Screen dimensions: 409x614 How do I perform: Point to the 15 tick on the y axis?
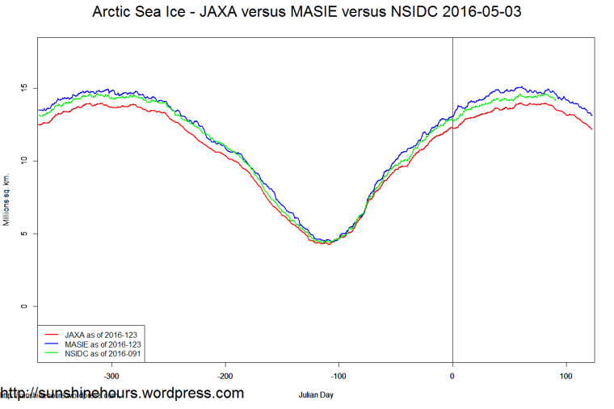[24, 87]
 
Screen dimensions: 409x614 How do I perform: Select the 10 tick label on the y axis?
[24, 161]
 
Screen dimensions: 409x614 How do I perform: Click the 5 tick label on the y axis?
[24, 234]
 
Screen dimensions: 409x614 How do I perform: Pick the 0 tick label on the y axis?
[24, 306]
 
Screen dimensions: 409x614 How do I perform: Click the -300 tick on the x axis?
[111, 376]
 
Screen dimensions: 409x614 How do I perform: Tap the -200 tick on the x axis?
[225, 376]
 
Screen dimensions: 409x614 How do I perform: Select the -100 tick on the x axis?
[339, 376]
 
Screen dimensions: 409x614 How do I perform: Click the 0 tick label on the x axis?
[452, 376]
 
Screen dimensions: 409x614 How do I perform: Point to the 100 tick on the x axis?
[566, 376]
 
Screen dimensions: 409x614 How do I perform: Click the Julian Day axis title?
[316, 395]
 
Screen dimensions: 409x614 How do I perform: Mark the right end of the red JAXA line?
[592, 129]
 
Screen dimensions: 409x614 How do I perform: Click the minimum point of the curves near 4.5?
[326, 242]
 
